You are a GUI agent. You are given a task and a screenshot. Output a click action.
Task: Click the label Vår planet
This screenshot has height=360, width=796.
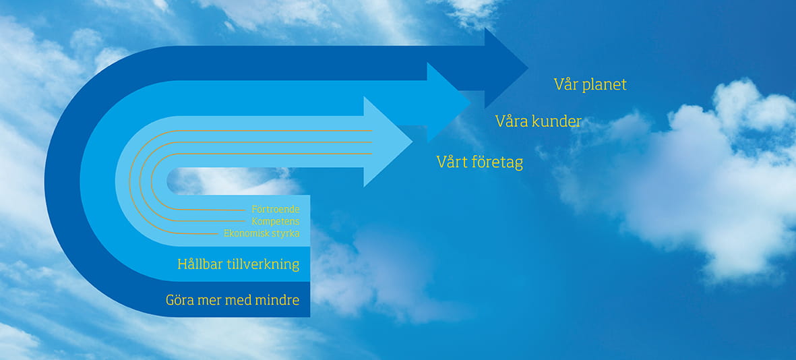tap(590, 84)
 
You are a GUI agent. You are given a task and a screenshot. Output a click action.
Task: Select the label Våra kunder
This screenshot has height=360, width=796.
tap(538, 121)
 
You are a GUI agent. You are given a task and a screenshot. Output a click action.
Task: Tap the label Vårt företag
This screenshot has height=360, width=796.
tap(480, 162)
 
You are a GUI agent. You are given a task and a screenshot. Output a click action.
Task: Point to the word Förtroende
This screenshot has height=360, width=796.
tap(276, 209)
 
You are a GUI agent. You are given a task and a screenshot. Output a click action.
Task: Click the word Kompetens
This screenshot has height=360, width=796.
tap(276, 221)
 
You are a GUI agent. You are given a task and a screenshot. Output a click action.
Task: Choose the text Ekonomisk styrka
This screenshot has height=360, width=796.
tap(262, 233)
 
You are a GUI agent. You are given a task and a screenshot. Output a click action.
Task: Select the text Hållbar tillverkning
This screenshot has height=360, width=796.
tap(238, 264)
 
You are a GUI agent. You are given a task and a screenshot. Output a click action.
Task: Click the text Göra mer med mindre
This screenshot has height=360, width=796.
tap(233, 300)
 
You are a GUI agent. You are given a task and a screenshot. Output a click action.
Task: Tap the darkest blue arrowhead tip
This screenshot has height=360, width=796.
tap(528, 67)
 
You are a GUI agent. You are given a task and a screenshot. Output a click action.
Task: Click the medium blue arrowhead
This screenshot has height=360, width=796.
tap(447, 102)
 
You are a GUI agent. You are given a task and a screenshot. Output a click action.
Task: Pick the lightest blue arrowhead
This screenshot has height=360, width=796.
tap(387, 142)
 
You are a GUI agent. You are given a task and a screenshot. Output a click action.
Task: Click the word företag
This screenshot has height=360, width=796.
tap(497, 162)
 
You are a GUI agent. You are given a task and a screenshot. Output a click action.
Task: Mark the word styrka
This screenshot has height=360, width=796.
tap(285, 234)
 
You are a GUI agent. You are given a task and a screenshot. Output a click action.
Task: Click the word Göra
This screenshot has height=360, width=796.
tap(179, 300)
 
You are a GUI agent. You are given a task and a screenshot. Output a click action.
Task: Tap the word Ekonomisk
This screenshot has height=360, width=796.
tap(246, 233)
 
